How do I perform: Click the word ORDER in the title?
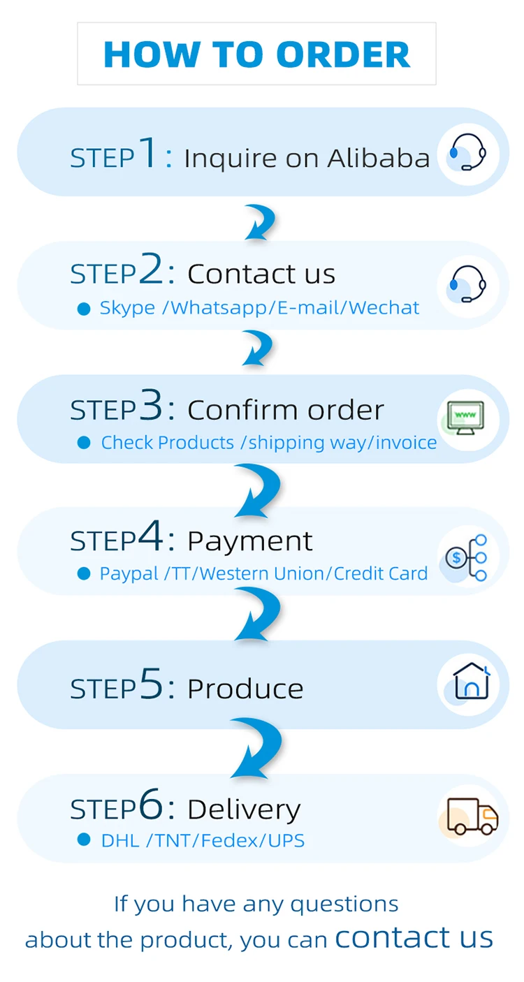click(343, 54)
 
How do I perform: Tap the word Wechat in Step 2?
click(384, 308)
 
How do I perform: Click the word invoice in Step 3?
click(407, 443)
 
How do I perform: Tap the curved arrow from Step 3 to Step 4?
click(259, 489)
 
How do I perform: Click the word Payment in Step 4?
click(250, 541)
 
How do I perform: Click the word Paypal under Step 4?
click(129, 573)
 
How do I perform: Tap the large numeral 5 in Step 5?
click(152, 684)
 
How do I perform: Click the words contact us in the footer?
click(414, 937)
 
